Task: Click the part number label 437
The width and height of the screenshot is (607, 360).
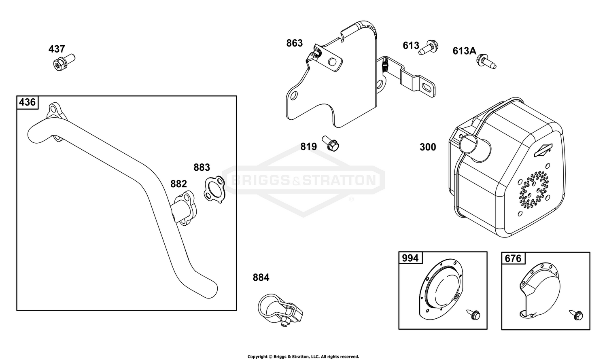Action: (x=57, y=49)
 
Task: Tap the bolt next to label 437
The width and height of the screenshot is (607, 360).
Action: (x=64, y=62)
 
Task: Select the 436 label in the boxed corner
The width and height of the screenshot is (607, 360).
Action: (x=28, y=102)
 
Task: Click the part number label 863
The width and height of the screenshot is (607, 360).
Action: (x=294, y=43)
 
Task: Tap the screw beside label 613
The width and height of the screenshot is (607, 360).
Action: (x=429, y=48)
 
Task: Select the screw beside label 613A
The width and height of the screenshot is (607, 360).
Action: (x=486, y=61)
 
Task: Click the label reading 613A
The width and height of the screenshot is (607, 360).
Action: (x=464, y=51)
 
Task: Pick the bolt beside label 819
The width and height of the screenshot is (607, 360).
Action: (x=331, y=143)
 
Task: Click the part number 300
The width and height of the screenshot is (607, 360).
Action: (x=428, y=147)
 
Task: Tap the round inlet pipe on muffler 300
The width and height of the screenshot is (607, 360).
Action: (x=475, y=148)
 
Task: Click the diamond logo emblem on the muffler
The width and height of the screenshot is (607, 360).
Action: (x=543, y=150)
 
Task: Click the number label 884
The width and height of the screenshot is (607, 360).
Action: (x=261, y=277)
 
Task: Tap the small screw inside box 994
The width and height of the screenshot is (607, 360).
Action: (x=473, y=314)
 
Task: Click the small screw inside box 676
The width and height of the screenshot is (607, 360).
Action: (x=576, y=315)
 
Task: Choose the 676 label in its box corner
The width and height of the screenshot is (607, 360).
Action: (x=513, y=258)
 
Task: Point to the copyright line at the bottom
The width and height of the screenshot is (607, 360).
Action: (x=303, y=356)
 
